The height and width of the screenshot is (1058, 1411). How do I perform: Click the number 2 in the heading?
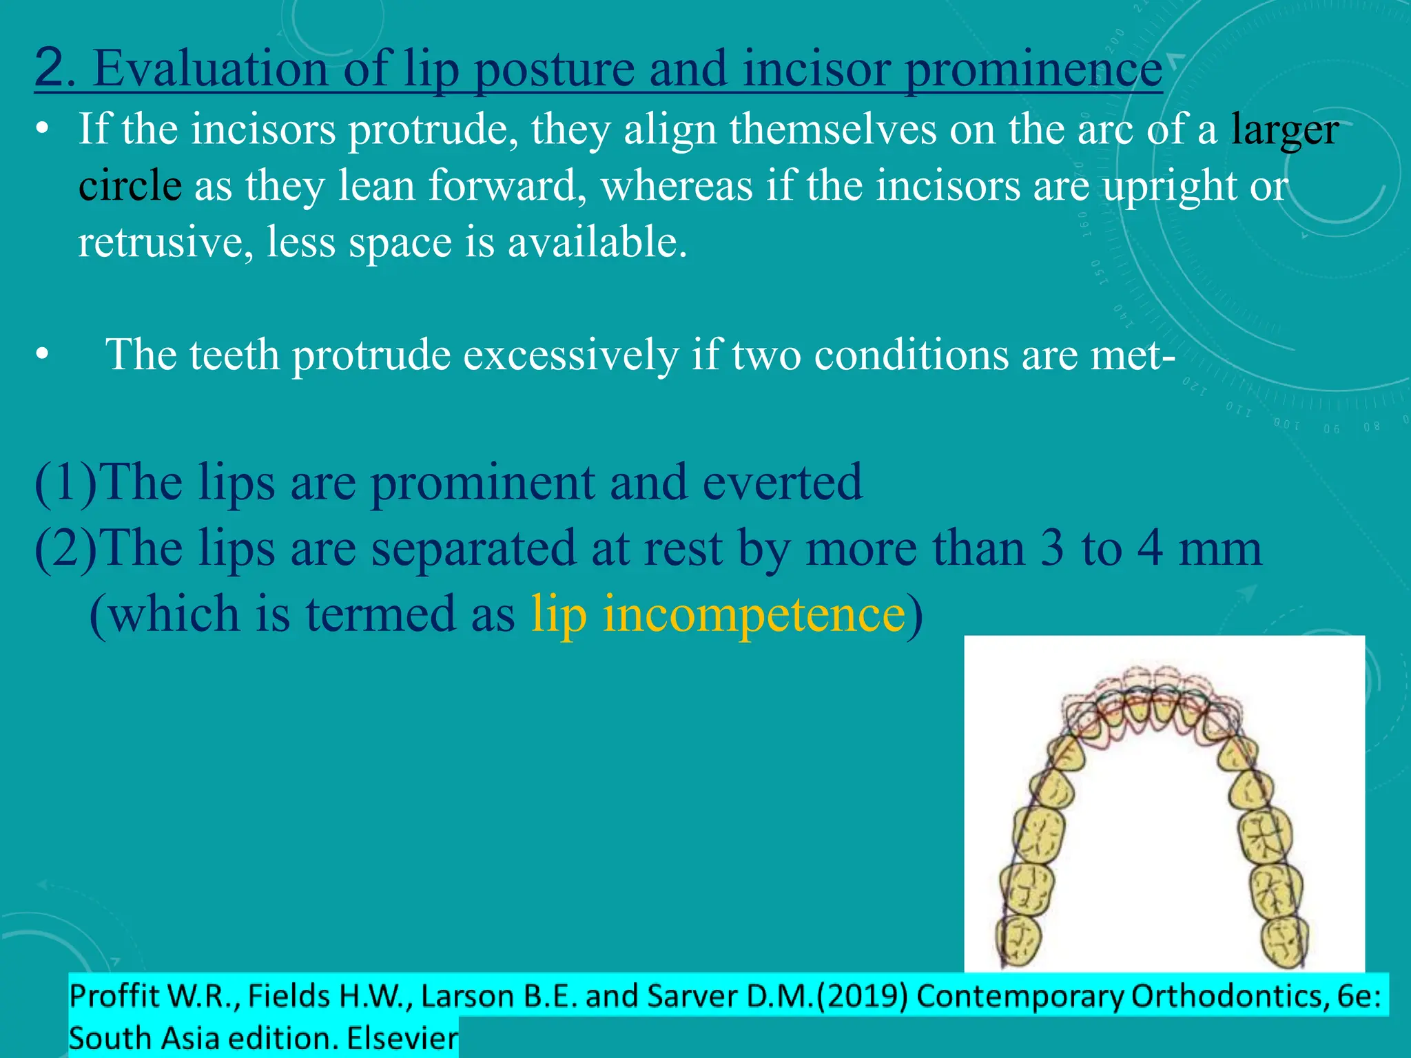tap(50, 68)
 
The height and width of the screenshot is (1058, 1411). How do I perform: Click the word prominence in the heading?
tap(1033, 70)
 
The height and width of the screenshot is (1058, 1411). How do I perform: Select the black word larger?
tap(1285, 130)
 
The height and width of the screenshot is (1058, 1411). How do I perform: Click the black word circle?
tap(130, 186)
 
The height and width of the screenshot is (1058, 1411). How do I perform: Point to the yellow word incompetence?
tap(754, 614)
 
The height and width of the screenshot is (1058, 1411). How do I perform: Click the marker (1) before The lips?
tap(66, 482)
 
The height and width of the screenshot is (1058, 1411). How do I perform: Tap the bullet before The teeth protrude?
tap(43, 355)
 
